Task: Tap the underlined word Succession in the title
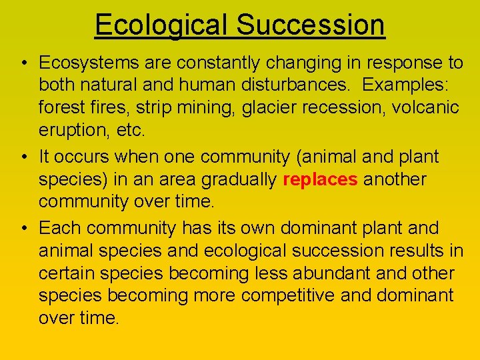pyautogui.click(x=311, y=25)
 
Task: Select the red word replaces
pyautogui.click(x=321, y=180)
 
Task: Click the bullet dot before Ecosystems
pyautogui.click(x=23, y=64)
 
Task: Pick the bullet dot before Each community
pyautogui.click(x=23, y=229)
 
